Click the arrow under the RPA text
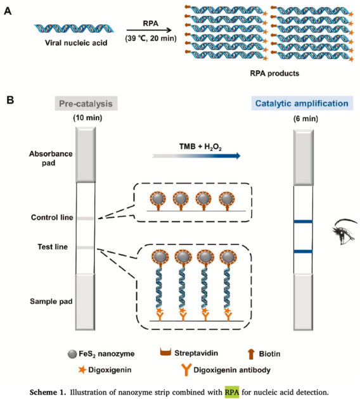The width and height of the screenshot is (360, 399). pyautogui.click(x=148, y=29)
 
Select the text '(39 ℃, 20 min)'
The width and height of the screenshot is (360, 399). pyautogui.click(x=148, y=39)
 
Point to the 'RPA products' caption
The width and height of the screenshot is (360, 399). pyautogui.click(x=274, y=73)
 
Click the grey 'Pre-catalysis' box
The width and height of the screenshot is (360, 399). pyautogui.click(x=87, y=103)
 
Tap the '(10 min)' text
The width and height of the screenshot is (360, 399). pyautogui.click(x=85, y=116)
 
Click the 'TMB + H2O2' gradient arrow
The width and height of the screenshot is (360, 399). pyautogui.click(x=197, y=154)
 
